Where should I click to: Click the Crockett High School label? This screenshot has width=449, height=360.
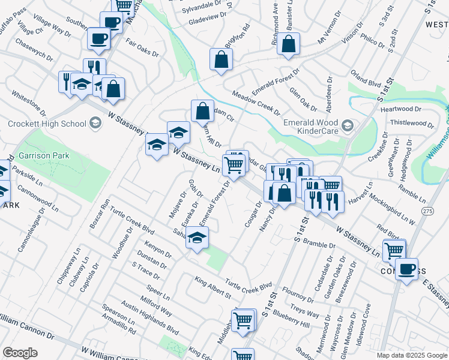[x=47, y=124]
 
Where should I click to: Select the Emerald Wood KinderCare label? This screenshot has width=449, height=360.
[x=310, y=127]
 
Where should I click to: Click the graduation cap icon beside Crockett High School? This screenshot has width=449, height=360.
[x=95, y=124]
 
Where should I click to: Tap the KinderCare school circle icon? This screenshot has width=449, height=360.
[x=348, y=127]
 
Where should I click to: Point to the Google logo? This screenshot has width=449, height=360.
[x=20, y=353]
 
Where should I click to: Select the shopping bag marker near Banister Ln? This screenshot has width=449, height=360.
[x=289, y=44]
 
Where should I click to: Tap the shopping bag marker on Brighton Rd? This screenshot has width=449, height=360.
[x=221, y=59]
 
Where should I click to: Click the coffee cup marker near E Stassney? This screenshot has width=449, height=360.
[x=406, y=269]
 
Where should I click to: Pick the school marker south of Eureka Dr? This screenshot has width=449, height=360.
[x=197, y=238]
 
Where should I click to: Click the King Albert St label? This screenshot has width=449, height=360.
[x=212, y=287]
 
